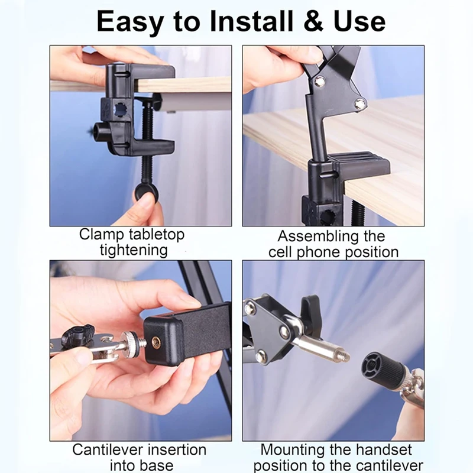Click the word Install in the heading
[251, 21]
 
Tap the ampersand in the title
[313, 22]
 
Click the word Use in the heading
[359, 22]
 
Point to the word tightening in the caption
[134, 251]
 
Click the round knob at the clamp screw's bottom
[146, 192]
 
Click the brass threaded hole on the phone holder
[156, 343]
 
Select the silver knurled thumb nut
[130, 341]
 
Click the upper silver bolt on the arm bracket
[320, 81]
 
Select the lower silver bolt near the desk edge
[360, 104]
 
